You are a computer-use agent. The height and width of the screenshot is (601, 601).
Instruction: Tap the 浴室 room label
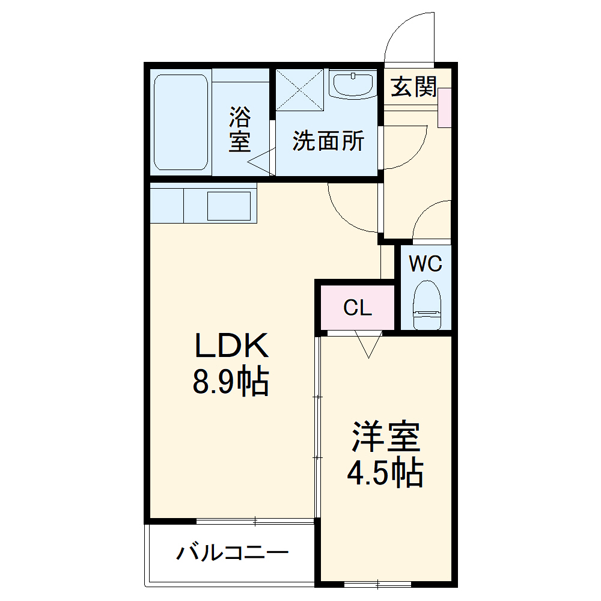(x=240, y=129)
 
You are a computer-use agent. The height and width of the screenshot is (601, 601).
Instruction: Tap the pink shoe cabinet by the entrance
(x=445, y=107)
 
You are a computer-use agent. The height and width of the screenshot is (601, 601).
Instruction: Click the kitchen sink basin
(x=229, y=206)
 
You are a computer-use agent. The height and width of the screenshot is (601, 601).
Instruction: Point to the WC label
(x=426, y=263)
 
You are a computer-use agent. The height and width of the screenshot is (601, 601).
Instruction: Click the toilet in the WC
(x=428, y=304)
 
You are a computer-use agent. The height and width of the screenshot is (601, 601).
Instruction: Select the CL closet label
(x=358, y=308)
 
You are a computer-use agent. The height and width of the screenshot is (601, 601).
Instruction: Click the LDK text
(x=230, y=347)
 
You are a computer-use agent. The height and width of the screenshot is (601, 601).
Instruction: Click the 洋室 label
(x=385, y=437)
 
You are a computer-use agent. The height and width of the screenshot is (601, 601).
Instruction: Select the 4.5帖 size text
(x=385, y=473)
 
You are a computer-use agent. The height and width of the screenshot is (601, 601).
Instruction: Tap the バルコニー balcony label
(x=233, y=552)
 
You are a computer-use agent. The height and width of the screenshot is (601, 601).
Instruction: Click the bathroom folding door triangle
(x=262, y=163)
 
